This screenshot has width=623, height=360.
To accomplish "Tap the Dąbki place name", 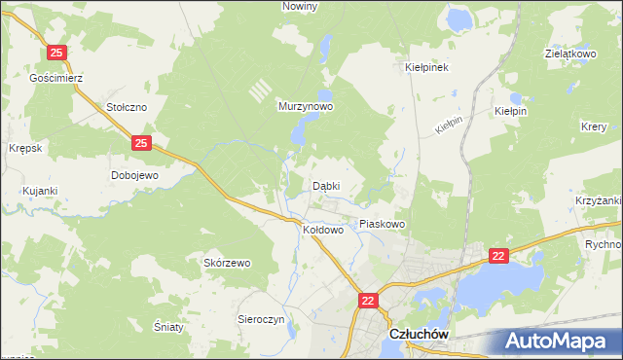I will [325, 185].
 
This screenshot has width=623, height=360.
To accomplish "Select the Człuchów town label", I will [418, 333].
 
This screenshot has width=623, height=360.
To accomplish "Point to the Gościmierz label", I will [59, 77].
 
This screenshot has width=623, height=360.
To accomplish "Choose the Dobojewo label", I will [134, 175].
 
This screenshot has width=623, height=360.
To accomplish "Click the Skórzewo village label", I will [227, 263].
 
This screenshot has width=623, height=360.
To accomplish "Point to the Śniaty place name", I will [169, 327].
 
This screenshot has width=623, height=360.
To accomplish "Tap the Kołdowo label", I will [324, 231].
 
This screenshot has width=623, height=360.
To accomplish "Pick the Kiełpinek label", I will [425, 68].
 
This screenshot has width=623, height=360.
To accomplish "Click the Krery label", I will [594, 127].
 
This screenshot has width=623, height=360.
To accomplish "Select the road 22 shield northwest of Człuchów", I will [368, 302].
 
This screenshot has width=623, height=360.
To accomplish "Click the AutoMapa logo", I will [558, 340].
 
